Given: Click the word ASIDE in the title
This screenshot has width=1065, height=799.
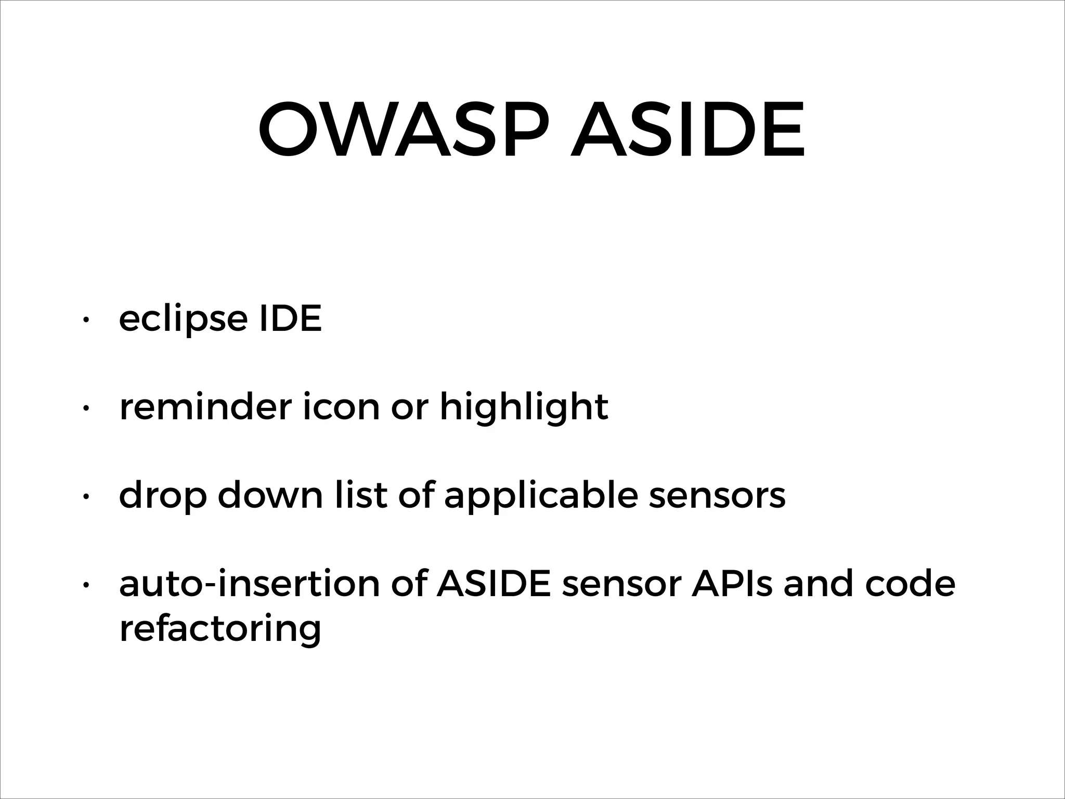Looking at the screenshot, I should [687, 129].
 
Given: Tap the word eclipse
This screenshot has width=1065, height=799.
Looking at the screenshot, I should [183, 319].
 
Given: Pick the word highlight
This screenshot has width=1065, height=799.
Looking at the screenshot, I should [524, 407].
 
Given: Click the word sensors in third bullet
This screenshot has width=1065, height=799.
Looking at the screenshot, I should [717, 496].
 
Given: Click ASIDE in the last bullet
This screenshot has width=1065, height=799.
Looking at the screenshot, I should [493, 584].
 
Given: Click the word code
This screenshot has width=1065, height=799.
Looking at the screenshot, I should [910, 584].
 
